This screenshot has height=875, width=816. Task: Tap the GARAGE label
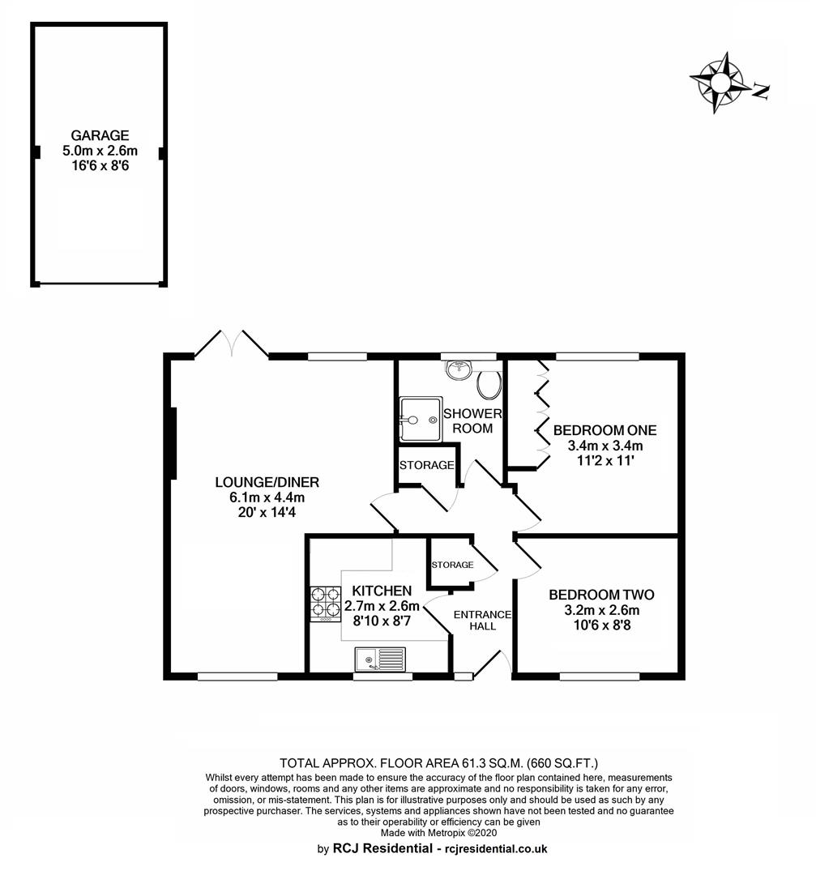click(100, 135)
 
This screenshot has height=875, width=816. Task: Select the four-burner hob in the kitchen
click(326, 604)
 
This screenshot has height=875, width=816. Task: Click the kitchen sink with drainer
click(380, 659)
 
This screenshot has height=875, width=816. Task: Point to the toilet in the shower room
click(489, 383)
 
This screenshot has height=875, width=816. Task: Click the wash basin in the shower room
click(459, 369)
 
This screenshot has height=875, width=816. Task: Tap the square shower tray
click(421, 419)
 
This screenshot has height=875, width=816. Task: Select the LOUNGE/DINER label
click(267, 482)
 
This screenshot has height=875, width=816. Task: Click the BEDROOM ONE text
click(605, 430)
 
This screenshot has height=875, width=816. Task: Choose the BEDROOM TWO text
click(602, 595)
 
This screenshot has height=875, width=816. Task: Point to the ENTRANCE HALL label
click(482, 620)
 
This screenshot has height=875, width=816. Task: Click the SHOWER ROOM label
click(472, 420)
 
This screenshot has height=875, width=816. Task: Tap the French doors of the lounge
click(231, 344)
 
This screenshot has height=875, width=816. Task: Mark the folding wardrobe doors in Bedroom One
click(541, 413)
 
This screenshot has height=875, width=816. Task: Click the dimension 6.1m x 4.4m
click(267, 497)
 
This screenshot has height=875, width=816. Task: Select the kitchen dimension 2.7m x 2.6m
click(382, 606)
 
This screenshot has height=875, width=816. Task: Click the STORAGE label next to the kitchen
click(452, 565)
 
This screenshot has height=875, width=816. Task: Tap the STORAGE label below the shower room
click(426, 465)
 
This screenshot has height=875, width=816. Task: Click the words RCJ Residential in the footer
click(382, 849)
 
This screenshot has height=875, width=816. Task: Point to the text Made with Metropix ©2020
click(438, 833)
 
